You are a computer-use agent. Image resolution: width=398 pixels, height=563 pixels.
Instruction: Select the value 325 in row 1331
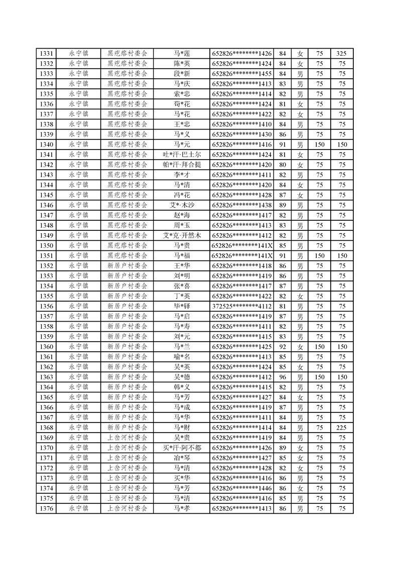coord(342,54)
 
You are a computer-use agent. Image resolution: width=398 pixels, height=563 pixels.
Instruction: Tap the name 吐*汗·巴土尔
coord(182,155)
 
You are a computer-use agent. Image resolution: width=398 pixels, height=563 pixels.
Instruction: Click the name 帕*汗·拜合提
coord(182,165)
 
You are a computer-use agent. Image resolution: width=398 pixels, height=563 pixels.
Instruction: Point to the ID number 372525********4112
coord(242,306)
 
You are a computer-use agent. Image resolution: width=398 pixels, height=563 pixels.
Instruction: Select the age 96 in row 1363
coord(283,377)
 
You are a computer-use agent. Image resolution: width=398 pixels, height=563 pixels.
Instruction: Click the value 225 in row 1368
coord(342,428)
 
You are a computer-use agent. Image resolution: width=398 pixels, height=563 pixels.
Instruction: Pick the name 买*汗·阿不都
coord(182,448)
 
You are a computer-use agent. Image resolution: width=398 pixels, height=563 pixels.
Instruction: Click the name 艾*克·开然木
coord(182,235)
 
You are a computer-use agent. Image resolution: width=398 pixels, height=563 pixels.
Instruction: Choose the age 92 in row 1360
coord(283,347)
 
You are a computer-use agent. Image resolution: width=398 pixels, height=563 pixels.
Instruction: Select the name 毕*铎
coord(182,306)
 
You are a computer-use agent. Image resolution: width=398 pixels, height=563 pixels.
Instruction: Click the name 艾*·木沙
coord(182,205)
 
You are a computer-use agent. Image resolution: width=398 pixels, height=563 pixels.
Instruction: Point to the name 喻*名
coord(182,357)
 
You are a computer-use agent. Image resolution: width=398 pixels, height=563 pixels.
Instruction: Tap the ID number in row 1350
coord(242,245)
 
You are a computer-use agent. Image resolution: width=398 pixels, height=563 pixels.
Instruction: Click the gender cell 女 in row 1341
coord(300,155)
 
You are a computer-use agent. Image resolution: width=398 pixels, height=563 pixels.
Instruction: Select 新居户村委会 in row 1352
coord(127,266)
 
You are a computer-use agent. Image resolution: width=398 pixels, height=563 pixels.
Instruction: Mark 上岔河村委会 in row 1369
coord(127,438)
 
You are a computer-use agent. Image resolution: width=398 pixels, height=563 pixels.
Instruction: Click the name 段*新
coord(182,74)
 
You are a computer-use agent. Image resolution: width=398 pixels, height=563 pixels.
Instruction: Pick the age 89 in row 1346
coord(283,205)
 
